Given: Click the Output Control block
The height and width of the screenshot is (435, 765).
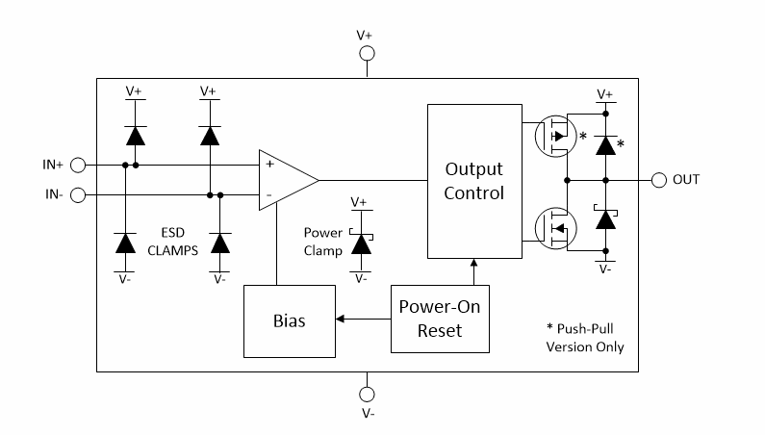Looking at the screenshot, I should tap(473, 181).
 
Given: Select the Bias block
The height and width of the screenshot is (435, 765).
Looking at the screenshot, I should tap(290, 320).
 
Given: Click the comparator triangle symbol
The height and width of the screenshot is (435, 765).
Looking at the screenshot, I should tap(286, 180).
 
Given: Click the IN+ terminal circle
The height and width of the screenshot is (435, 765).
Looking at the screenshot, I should tap(79, 165).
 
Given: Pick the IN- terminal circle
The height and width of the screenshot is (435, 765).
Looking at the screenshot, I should tap(79, 195).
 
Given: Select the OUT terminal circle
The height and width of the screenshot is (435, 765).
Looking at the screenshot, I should tap(659, 180).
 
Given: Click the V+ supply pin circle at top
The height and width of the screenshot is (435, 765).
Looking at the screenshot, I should tap(366, 54).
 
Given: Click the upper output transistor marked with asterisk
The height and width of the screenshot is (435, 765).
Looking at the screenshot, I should tap(554, 136).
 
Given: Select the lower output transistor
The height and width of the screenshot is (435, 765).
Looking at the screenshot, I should tap(554, 228).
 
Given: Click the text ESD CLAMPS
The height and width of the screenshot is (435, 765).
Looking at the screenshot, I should tap(173, 241).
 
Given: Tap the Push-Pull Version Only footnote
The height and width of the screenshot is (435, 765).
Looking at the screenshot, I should tap(583, 338).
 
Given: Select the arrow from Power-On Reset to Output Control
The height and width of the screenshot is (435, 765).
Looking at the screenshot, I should tap(473, 271).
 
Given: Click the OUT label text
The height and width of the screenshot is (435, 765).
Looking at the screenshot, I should tap(686, 180).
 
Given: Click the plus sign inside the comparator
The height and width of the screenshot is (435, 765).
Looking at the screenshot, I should tap(268, 165).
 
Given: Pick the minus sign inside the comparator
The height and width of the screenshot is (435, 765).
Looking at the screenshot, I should tap(268, 195).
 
